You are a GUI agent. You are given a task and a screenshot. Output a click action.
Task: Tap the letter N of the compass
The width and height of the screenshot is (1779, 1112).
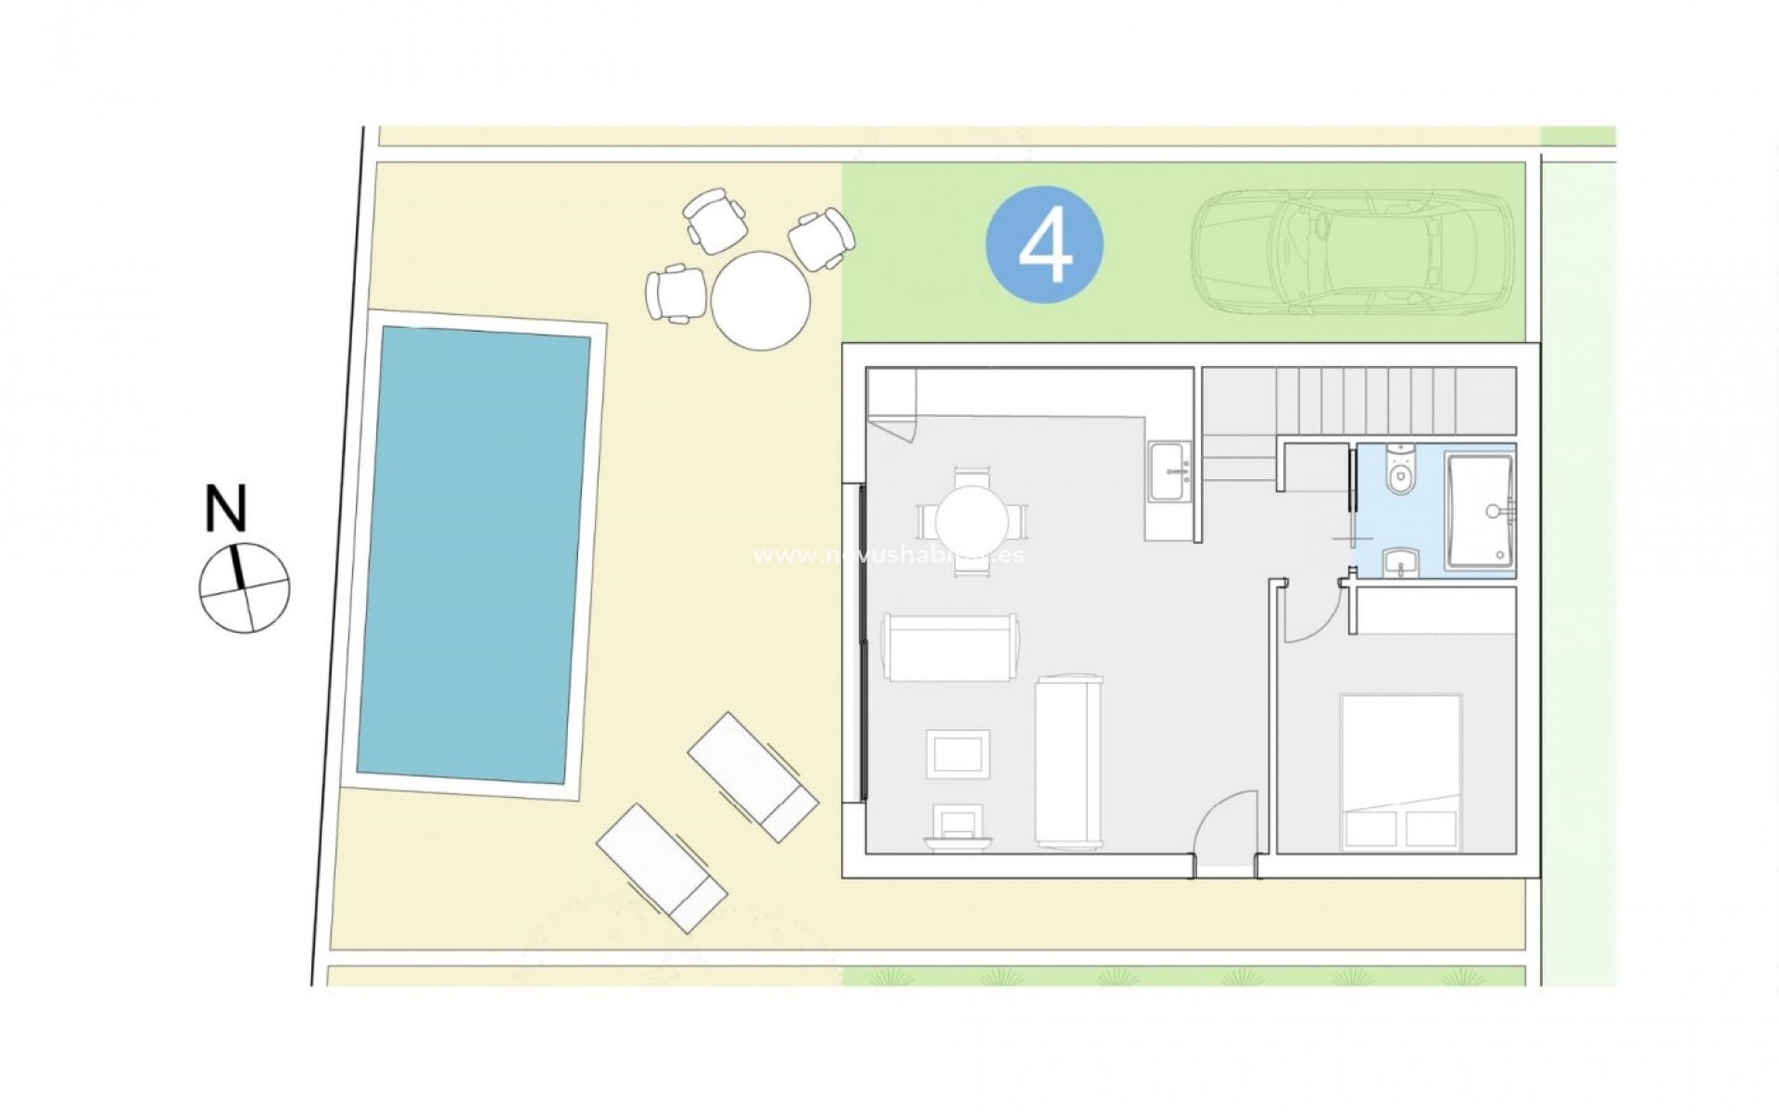[227, 509]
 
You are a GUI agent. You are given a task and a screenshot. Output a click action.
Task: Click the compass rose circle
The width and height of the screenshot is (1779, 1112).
[245, 588]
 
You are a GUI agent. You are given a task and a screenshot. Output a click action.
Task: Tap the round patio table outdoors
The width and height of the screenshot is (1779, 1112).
[761, 300]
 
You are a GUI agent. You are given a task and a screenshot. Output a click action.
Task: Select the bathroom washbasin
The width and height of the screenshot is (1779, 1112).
[1399, 562]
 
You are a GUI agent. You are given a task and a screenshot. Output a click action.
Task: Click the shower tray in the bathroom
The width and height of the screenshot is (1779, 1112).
[1480, 510]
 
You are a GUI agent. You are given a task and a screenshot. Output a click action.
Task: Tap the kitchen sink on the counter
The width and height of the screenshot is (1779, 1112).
[1170, 472]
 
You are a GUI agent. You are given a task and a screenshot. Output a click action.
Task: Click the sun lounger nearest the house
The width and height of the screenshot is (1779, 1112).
[752, 777]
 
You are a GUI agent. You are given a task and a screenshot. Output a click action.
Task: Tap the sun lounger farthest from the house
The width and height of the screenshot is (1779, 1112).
[661, 866]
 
